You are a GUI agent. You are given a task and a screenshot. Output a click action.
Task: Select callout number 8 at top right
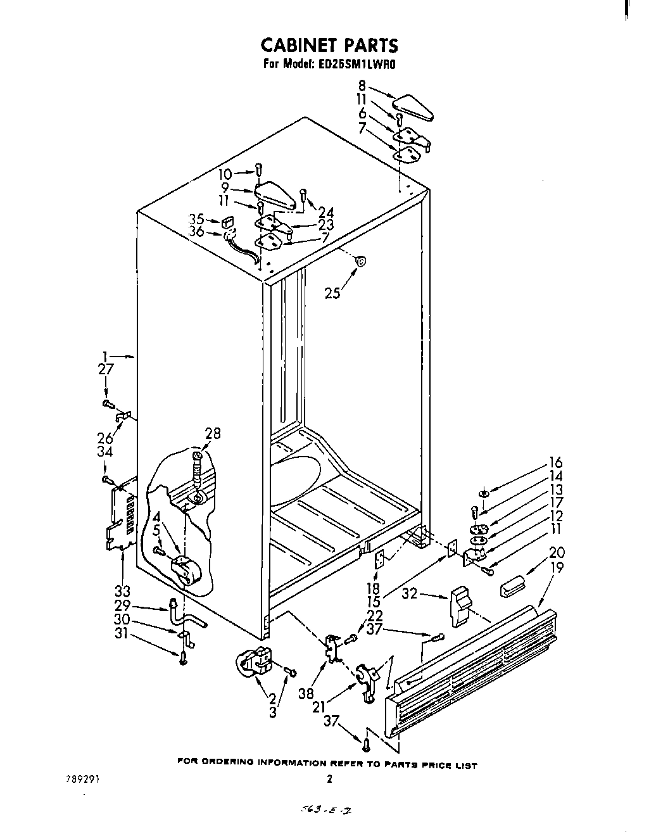coord(362,85)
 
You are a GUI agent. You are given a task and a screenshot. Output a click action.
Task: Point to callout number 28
coord(213,433)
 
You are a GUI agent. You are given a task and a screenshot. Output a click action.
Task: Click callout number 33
coord(122,592)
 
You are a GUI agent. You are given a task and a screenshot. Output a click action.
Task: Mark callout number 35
coord(196,219)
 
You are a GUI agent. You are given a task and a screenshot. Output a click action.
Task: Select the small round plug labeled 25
coord(360,260)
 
